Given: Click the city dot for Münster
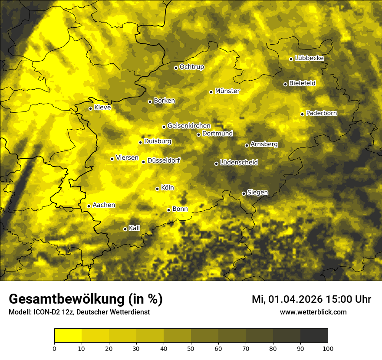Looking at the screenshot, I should [x=211, y=92].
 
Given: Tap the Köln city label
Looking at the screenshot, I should [x=167, y=188].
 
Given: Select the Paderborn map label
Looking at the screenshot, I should [x=321, y=113].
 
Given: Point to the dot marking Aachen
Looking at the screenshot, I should [x=89, y=206].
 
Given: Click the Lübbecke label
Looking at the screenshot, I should [x=309, y=58].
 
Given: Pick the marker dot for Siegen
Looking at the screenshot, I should [x=244, y=193].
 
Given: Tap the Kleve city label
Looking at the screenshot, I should [x=102, y=108].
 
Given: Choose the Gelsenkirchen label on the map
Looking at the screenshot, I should [x=189, y=126].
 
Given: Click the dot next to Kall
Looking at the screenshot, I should [x=125, y=229].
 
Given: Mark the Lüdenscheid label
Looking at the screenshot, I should [x=239, y=163].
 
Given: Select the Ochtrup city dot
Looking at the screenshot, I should [x=176, y=68].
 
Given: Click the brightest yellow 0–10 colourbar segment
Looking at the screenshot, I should [x=68, y=336].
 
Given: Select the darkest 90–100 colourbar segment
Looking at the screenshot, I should [x=314, y=336].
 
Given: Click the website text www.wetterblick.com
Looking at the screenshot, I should [x=313, y=312].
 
